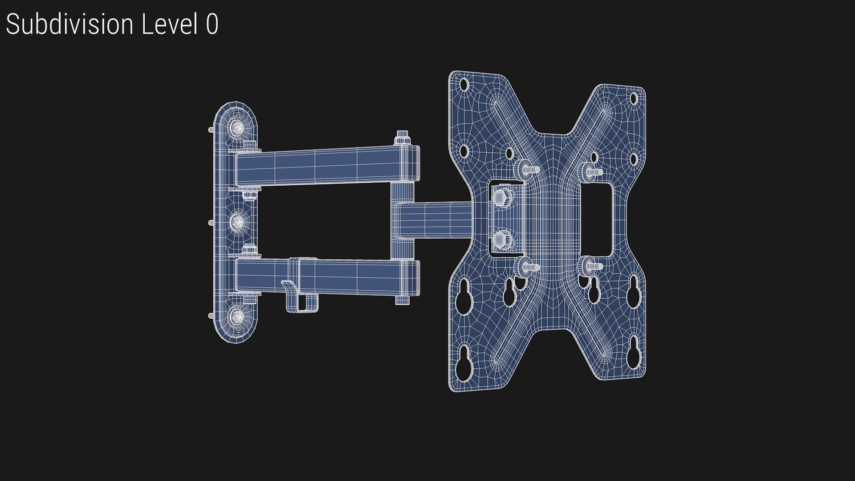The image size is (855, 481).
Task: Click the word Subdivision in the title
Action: tap(69, 24)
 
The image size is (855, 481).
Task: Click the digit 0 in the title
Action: tap(212, 24)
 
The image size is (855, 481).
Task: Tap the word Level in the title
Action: tap(169, 24)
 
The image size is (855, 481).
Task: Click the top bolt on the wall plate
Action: tap(238, 128)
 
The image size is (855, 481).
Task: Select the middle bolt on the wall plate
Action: tap(238, 221)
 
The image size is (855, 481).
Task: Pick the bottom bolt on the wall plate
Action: tap(238, 316)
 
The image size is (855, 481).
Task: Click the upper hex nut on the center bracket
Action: tap(501, 197)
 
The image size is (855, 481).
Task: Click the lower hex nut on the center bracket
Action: tap(501, 240)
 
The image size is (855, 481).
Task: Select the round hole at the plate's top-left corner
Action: tap(464, 84)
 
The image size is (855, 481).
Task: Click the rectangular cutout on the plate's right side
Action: tap(597, 220)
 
